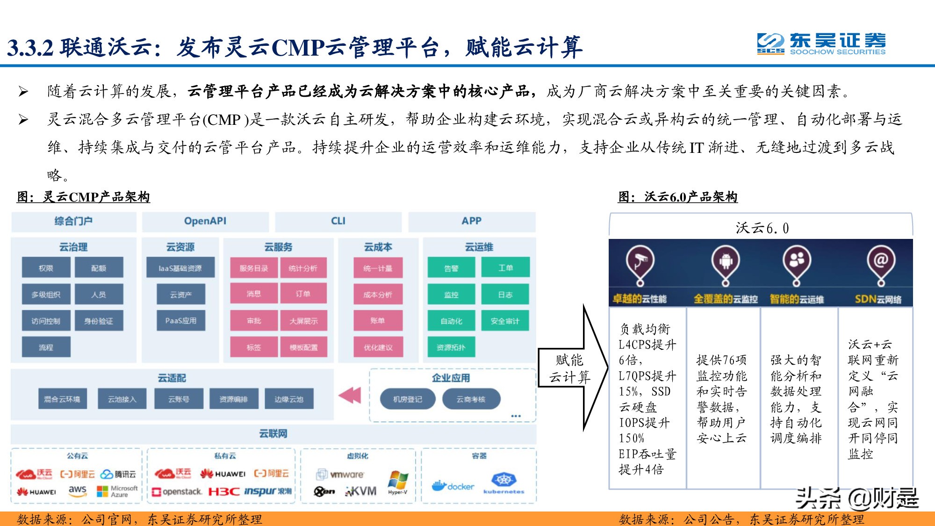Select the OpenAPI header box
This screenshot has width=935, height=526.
[x=205, y=221]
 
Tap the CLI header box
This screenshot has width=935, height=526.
[x=338, y=221]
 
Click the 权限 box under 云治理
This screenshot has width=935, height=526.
[x=46, y=268]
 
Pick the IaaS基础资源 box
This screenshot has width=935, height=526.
[x=180, y=268]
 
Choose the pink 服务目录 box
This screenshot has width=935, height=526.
[x=254, y=268]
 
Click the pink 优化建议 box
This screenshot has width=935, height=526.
[x=378, y=347]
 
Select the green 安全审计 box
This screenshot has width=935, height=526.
[x=505, y=321]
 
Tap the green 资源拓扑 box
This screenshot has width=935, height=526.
[x=451, y=347]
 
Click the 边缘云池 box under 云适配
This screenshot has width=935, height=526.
[x=288, y=399]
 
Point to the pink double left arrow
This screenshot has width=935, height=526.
[x=350, y=395]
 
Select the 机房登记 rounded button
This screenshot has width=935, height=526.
[x=407, y=399]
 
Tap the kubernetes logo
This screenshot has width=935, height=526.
[x=503, y=483]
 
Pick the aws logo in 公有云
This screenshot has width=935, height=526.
[x=77, y=490]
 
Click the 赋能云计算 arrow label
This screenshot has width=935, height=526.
[x=569, y=368]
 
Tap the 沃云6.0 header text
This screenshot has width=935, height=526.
[x=762, y=228]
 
